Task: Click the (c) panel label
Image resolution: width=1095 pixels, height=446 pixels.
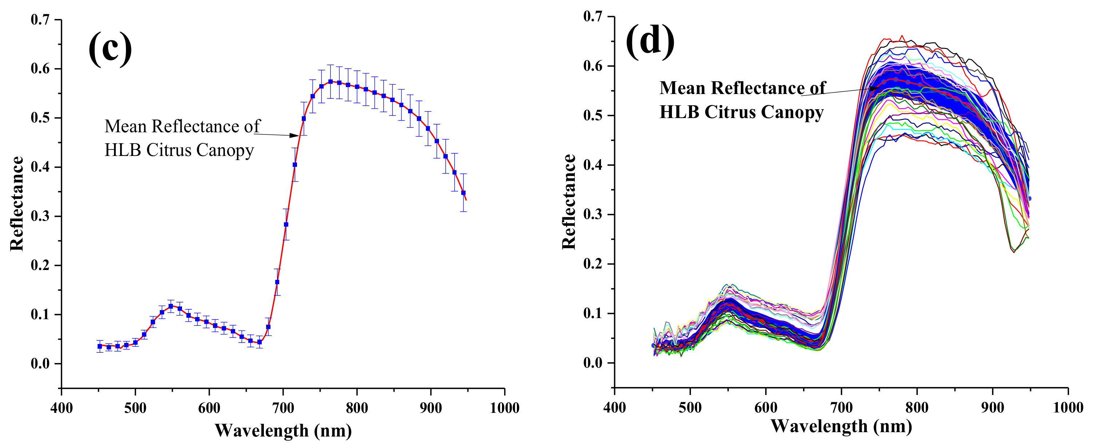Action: pyautogui.click(x=110, y=48)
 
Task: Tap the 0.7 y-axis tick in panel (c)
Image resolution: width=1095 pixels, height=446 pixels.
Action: pyautogui.click(x=40, y=20)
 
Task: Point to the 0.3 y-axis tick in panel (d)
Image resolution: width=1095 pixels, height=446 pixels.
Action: pyautogui.click(x=593, y=214)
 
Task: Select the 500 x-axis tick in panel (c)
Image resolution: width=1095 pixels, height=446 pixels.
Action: pyautogui.click(x=135, y=408)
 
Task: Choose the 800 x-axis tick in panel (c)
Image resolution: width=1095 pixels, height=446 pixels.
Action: pyautogui.click(x=357, y=408)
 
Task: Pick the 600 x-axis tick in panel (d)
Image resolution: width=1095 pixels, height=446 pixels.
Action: pyautogui.click(x=766, y=407)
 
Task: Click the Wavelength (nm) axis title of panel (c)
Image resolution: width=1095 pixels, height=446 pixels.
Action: pyautogui.click(x=283, y=431)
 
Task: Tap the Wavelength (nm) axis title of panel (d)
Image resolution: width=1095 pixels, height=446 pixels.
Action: pyautogui.click(x=841, y=426)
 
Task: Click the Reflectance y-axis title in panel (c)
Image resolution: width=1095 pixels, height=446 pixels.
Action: pyautogui.click(x=17, y=203)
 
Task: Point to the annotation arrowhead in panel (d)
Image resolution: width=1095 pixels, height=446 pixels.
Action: pyautogui.click(x=874, y=89)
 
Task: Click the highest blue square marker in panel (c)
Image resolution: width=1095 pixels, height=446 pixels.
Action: pyautogui.click(x=330, y=81)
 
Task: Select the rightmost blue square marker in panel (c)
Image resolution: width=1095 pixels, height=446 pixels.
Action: pyautogui.click(x=463, y=193)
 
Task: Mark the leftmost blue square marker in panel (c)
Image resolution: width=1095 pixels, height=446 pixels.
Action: pyautogui.click(x=100, y=347)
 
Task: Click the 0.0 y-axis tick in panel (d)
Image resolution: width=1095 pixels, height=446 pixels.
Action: pyautogui.click(x=593, y=363)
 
